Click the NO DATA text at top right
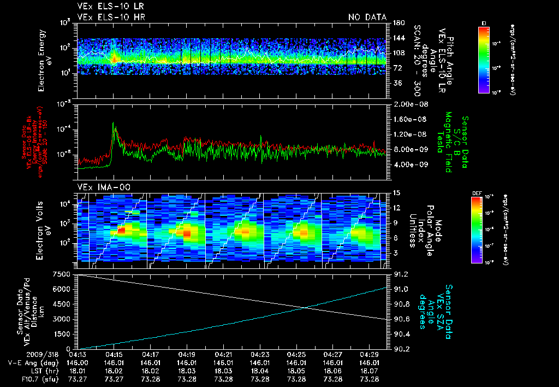point(367,17)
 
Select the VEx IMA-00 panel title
point(96,187)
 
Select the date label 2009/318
point(21,354)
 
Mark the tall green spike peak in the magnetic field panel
point(114,124)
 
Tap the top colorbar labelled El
point(484,59)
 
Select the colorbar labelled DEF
point(484,228)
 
